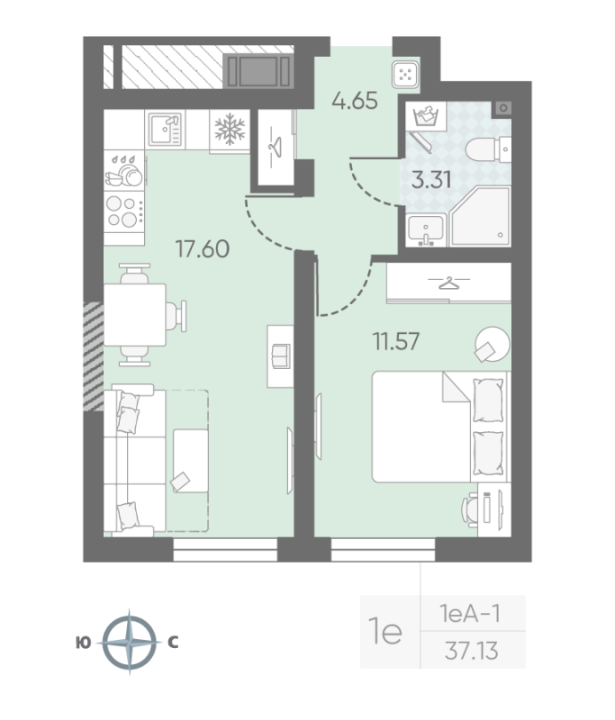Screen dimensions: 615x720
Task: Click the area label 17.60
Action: click(x=202, y=249)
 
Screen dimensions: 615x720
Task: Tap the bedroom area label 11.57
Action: click(x=396, y=342)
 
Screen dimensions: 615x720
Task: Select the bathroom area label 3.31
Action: click(x=431, y=179)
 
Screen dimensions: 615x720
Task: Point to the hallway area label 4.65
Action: click(x=355, y=101)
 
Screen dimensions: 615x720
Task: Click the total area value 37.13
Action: click(x=471, y=651)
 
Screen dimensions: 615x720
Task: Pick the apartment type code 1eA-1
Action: click(x=470, y=614)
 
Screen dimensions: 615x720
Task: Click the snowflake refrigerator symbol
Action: click(x=230, y=129)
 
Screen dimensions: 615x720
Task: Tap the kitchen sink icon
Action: click(x=166, y=129)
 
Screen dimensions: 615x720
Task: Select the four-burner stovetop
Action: click(x=124, y=211)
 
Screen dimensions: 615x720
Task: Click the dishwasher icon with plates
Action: click(x=124, y=171)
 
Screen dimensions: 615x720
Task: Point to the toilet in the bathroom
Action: click(x=488, y=148)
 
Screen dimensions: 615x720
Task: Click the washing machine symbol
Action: click(x=426, y=116)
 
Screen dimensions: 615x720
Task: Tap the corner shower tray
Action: click(x=481, y=216)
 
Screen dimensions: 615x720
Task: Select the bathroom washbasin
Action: click(x=426, y=230)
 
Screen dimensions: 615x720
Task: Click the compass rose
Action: click(x=129, y=643)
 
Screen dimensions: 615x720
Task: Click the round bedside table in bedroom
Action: click(x=493, y=344)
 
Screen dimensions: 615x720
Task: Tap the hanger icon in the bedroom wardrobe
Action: click(x=448, y=283)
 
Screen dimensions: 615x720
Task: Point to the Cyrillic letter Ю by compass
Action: click(x=83, y=643)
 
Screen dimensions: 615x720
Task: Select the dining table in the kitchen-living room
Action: click(x=134, y=314)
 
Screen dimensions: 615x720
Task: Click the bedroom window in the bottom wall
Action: click(x=383, y=550)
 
